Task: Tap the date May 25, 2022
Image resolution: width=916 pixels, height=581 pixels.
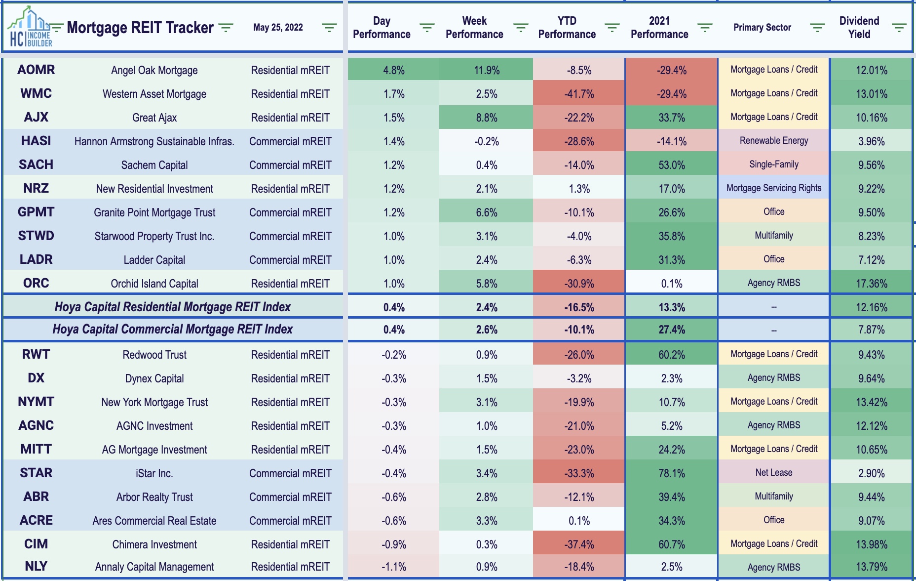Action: click(278, 28)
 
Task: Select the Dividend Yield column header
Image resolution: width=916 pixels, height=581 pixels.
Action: click(859, 28)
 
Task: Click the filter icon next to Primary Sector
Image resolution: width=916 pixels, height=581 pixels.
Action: click(817, 28)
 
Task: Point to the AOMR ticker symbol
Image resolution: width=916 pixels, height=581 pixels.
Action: click(36, 70)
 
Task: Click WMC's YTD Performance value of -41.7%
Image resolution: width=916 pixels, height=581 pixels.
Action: click(579, 94)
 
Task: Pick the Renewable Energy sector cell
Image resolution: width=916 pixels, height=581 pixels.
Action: click(773, 141)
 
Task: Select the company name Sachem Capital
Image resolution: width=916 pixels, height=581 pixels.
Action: click(154, 165)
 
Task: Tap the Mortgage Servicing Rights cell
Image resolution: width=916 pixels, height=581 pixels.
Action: click(773, 188)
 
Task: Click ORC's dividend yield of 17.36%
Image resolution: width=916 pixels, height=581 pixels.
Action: click(871, 284)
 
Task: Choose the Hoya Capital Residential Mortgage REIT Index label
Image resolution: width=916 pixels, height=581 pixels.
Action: click(173, 307)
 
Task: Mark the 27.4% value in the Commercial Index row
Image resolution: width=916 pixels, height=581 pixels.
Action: click(671, 330)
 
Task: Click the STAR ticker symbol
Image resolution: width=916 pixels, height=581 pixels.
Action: click(36, 473)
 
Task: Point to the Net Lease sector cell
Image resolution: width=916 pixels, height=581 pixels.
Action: click(773, 473)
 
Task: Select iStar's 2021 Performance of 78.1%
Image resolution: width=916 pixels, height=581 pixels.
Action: click(671, 473)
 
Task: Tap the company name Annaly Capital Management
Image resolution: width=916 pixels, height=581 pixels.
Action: click(154, 567)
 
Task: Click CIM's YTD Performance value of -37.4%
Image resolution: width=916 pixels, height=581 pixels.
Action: click(579, 544)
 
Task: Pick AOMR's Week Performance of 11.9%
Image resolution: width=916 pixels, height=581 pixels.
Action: click(487, 70)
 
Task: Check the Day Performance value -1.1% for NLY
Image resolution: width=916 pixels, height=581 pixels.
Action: click(393, 567)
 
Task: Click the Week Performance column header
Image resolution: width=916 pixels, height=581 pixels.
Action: click(474, 28)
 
